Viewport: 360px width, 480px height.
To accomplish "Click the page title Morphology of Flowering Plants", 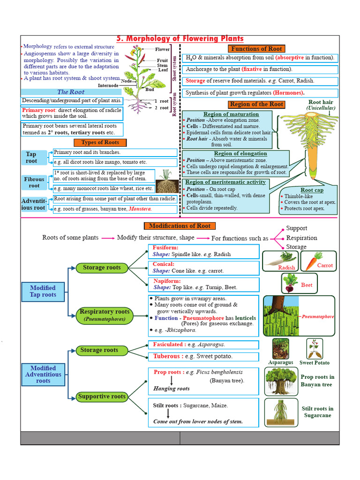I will [180, 38].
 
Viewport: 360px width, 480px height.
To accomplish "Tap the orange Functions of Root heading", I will [256, 49].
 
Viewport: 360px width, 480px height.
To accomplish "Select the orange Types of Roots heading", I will [100, 142].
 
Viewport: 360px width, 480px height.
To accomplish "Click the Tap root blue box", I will [31, 157].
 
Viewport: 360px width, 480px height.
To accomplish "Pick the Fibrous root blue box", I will [34, 182].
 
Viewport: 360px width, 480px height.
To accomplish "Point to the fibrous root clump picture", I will [167, 182].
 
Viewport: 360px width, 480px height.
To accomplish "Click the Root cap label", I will [312, 190].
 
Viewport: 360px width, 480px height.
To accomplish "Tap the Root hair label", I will [321, 102].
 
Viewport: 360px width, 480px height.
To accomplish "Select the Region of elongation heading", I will [240, 153].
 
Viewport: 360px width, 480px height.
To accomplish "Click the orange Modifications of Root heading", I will [180, 226].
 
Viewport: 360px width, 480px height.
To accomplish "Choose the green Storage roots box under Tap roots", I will [102, 268].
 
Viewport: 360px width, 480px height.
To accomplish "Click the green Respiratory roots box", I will [105, 315].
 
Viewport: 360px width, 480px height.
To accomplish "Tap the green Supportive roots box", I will [102, 397].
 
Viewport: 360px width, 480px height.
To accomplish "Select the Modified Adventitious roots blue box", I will [43, 375].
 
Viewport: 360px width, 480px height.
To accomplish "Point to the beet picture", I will [289, 283].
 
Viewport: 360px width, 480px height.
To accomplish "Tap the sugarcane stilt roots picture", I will [280, 412].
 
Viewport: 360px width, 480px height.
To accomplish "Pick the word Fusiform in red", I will [165, 247].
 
